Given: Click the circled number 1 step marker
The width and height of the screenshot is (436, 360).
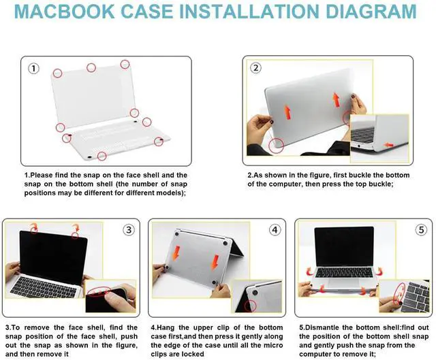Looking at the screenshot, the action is (33, 69).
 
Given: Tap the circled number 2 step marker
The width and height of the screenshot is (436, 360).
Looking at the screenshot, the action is (255, 68).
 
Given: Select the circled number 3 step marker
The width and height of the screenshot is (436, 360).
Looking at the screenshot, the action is (129, 230).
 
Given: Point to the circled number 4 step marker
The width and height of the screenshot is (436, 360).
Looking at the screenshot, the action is (275, 230).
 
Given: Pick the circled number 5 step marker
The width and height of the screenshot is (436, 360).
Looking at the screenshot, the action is (421, 230).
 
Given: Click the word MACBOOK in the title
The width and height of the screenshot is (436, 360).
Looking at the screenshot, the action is (64, 12).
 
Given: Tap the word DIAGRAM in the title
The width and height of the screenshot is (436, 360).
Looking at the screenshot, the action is (371, 12).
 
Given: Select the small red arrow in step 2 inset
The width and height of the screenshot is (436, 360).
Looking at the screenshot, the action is (389, 145).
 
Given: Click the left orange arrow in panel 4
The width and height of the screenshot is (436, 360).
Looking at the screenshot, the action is (176, 253).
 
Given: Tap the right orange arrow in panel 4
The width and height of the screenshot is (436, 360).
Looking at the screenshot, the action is (215, 263).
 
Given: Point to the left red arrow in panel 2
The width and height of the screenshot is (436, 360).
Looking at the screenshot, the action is (287, 112).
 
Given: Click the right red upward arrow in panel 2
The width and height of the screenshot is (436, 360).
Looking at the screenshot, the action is (337, 100).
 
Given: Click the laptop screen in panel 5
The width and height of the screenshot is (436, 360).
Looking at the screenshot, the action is (344, 246).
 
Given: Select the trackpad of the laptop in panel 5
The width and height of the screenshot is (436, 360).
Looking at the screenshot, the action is (343, 283).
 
